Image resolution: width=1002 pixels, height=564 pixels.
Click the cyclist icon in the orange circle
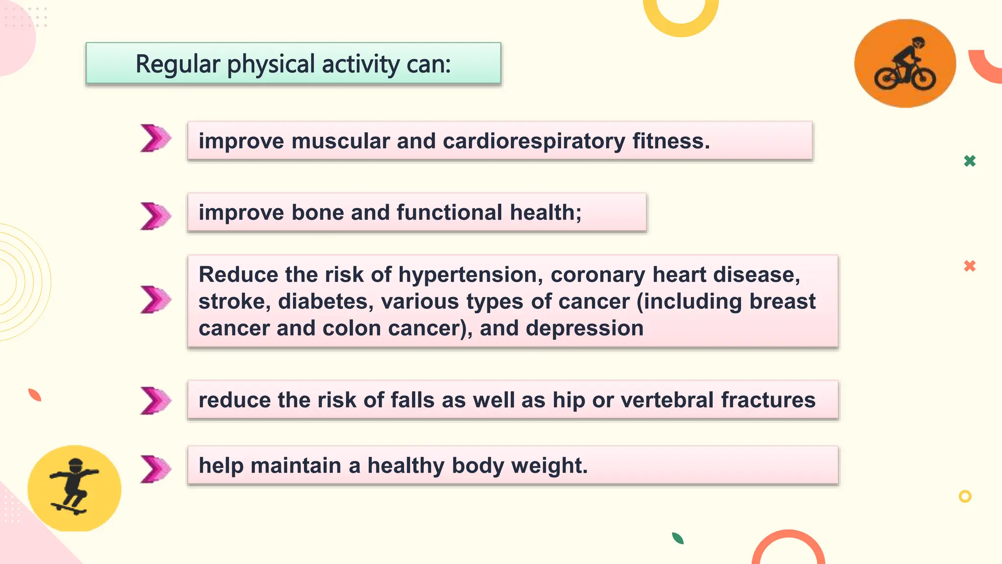[905, 64]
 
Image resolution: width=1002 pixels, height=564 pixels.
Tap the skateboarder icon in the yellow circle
[73, 487]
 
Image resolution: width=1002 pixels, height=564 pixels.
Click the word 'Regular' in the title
[178, 64]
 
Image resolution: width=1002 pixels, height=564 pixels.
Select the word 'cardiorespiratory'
[534, 141]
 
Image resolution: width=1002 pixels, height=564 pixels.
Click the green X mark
[970, 161]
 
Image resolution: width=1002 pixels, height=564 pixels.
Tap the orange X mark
[970, 266]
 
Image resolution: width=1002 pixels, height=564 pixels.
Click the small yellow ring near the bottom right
[965, 496]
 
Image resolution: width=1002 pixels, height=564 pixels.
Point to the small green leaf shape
[678, 539]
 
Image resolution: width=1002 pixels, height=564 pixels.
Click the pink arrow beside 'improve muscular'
[156, 138]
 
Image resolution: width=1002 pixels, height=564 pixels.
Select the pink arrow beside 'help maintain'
[156, 469]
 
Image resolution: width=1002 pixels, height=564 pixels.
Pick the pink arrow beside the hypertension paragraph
[156, 300]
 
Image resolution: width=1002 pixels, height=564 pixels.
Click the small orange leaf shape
[35, 395]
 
